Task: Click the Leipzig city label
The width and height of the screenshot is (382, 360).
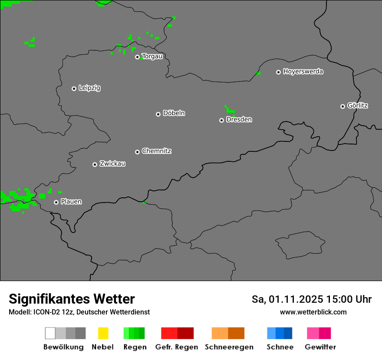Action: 89,88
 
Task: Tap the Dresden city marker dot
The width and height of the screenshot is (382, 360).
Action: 221,120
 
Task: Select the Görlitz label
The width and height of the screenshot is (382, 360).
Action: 358,105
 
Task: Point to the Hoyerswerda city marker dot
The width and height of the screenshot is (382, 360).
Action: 278,72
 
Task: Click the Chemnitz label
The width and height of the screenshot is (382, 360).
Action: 157,151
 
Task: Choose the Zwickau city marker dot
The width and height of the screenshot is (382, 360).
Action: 95,164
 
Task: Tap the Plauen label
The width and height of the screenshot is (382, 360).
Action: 71,202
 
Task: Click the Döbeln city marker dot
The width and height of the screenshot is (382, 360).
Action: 158,114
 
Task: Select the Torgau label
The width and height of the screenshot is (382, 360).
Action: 152,56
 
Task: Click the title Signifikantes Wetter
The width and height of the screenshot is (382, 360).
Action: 72,299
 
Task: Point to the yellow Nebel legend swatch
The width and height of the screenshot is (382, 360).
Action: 103,333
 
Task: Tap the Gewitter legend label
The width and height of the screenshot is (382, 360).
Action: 320,347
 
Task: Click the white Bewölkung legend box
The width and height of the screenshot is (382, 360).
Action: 50,333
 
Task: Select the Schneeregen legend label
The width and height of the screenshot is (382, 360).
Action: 229,347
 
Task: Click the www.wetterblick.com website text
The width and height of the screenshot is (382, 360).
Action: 313,312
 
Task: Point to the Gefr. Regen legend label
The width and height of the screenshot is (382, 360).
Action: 177,347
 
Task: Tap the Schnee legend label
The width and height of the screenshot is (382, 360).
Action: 280,347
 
